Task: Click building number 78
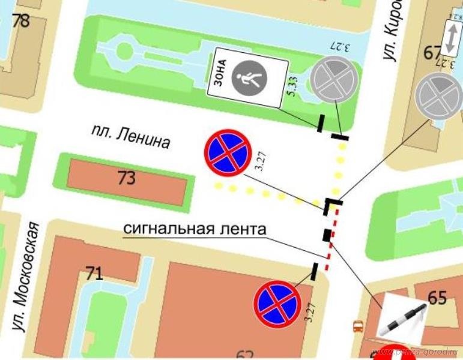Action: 21,20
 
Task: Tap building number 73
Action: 127,179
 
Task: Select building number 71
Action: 94,274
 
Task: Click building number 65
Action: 437,297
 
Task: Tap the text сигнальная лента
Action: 195,228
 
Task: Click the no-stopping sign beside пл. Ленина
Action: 228,154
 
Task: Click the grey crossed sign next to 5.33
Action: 334,79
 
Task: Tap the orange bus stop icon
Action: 357,327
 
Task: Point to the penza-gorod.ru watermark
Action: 416,352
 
